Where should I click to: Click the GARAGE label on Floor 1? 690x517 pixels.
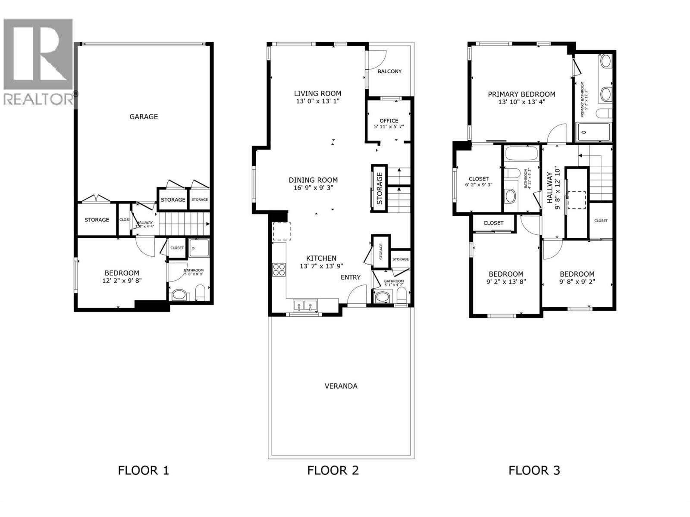(x=144, y=116)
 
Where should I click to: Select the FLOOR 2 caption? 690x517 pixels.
(x=333, y=470)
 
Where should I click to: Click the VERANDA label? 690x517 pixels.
(x=341, y=386)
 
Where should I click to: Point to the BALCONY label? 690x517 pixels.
(x=389, y=71)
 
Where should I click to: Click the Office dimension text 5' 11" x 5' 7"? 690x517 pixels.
(x=389, y=127)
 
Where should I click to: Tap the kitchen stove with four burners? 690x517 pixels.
(x=279, y=269)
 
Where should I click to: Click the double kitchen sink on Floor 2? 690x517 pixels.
(x=305, y=305)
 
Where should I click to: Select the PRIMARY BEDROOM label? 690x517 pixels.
(x=521, y=94)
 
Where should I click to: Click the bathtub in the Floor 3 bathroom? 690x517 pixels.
(x=521, y=154)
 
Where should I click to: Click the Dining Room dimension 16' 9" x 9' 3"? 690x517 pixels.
(x=313, y=188)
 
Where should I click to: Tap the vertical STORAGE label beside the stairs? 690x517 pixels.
(x=379, y=188)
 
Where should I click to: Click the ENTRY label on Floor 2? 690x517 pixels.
(x=350, y=277)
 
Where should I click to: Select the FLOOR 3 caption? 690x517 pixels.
(x=534, y=470)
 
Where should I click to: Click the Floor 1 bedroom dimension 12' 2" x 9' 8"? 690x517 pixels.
(x=122, y=280)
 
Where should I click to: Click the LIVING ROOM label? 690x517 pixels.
(x=317, y=93)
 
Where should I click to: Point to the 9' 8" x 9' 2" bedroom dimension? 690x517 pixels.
(x=577, y=282)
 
